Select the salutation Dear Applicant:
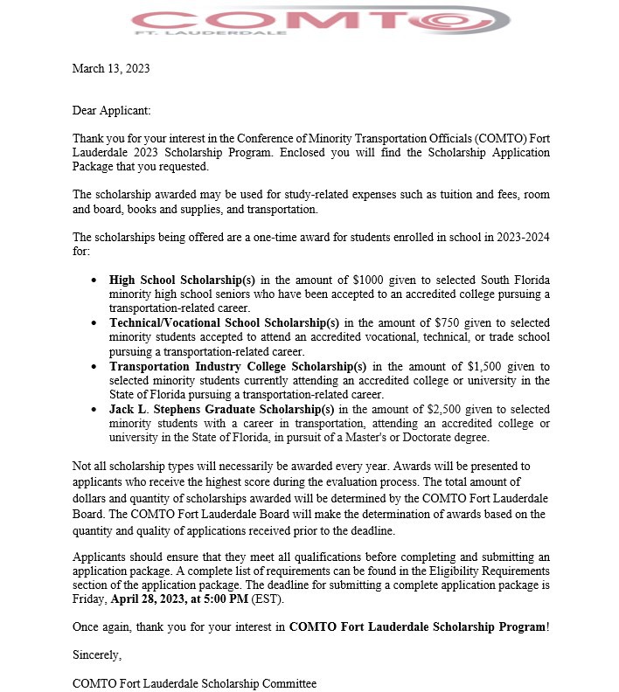pyautogui.click(x=112, y=111)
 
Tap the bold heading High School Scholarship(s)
pyautogui.click(x=182, y=280)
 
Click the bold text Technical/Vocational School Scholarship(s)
pyautogui.click(x=225, y=322)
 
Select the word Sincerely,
pyautogui.click(x=97, y=654)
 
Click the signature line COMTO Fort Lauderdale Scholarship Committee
pyautogui.click(x=194, y=683)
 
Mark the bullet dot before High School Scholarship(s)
pyautogui.click(x=94, y=280)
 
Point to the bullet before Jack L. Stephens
pyautogui.click(x=94, y=409)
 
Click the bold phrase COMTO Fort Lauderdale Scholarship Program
pyautogui.click(x=417, y=626)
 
